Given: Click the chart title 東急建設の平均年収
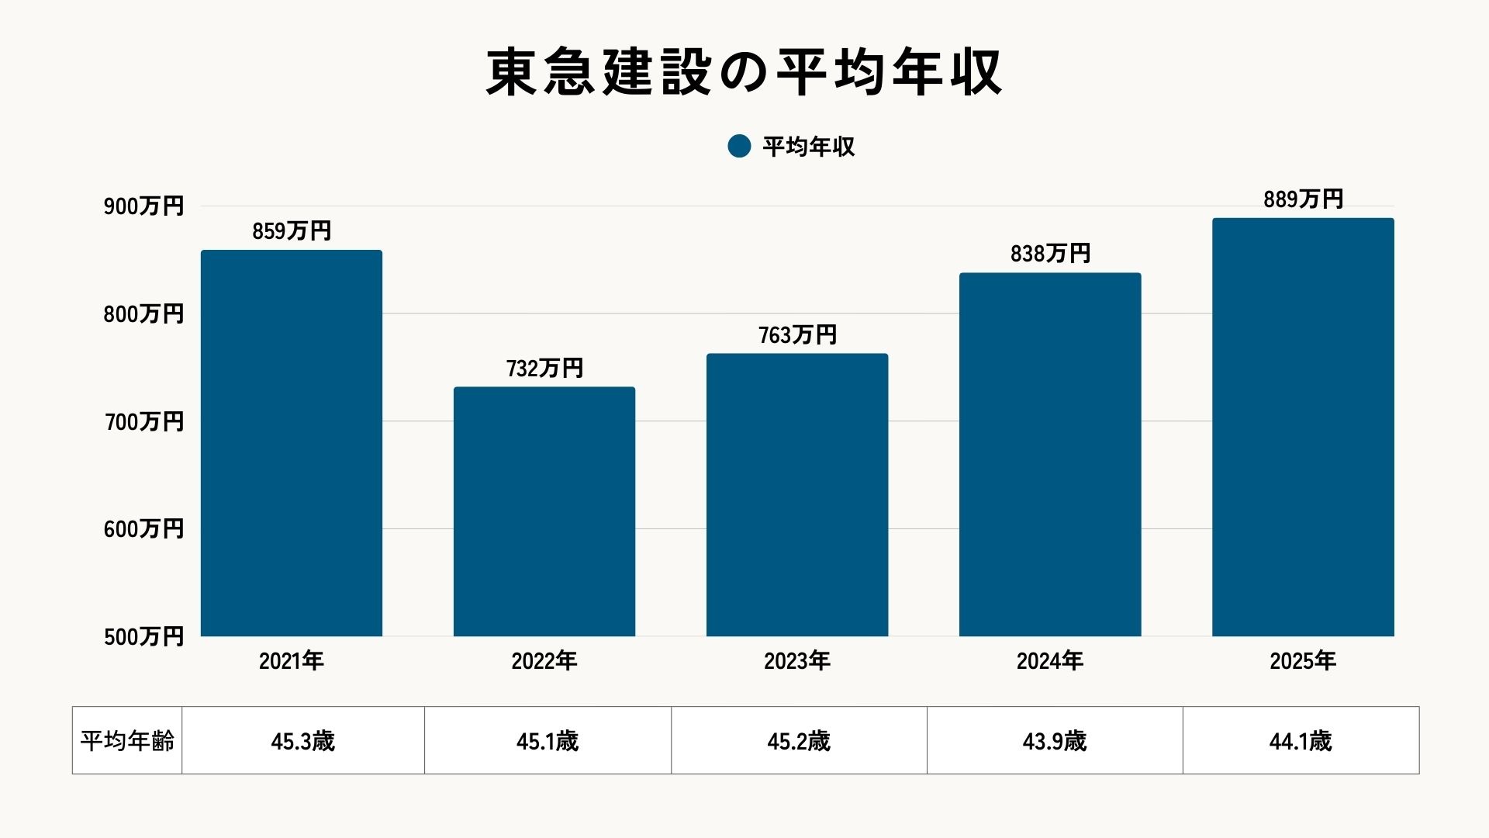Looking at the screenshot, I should pos(744,72).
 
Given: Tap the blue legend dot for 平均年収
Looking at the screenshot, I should pos(739,146).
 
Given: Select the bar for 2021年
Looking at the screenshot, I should pos(292,443).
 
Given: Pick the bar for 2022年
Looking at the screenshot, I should pos(544,511).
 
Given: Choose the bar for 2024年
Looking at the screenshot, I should pos(1050,455).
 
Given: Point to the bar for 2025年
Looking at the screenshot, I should pos(1303,428).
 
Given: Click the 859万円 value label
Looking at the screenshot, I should pos(292,231).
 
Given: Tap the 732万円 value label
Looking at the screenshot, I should pos(544,369).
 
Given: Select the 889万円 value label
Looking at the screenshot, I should pos(1303,199).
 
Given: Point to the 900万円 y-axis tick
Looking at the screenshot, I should pos(143,206).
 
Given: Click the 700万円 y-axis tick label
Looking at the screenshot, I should pos(143,422).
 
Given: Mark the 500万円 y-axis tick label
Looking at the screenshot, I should pos(143,637).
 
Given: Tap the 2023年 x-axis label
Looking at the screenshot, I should pos(797,661).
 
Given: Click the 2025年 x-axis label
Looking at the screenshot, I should pos(1303,661).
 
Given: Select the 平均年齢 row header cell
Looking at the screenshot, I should pos(127,741).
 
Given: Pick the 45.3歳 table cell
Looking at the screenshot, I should pos(302,741).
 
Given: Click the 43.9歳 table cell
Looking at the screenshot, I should pos(1055,741).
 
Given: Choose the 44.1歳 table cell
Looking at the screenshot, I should pos(1301,741).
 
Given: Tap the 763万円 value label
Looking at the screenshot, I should pos(797,335).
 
